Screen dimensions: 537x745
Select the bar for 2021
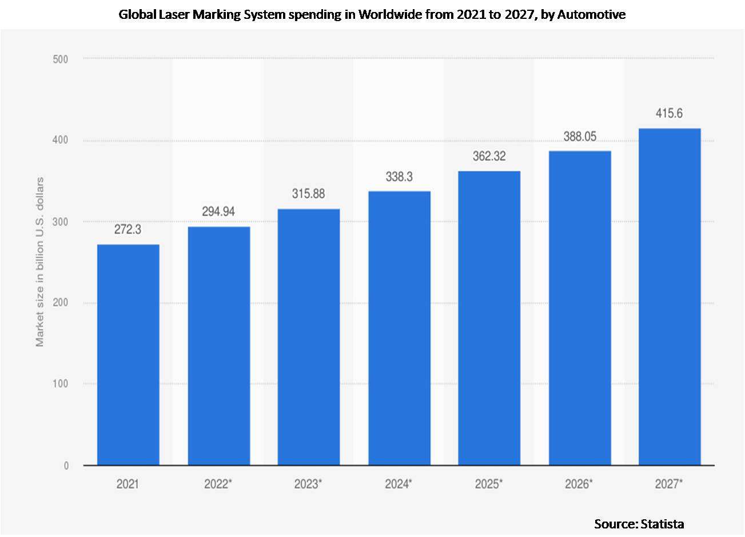coord(128,354)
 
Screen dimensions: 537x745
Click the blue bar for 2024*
coord(399,328)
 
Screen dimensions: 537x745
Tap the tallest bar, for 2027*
coord(670,296)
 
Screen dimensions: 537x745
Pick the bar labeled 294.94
coord(219,346)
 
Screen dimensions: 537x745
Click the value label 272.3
coord(128,230)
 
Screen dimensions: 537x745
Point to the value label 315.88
coord(308,194)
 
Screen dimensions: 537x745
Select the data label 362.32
coord(489,156)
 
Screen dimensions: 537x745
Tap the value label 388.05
coord(580,136)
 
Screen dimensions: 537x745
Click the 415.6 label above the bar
coord(669,113)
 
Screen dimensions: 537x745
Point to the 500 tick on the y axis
coord(60,59)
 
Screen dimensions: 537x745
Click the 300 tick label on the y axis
coord(60,222)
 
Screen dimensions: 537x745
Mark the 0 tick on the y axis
coord(66,466)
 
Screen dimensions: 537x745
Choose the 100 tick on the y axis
coord(60,384)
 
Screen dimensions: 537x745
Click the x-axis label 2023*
coord(308,484)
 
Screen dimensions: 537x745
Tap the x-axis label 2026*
coord(579,484)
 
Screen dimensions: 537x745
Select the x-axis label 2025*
coord(489,484)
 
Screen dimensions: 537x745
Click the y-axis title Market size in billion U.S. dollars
coord(39,262)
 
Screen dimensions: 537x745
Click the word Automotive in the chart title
coord(591,15)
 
